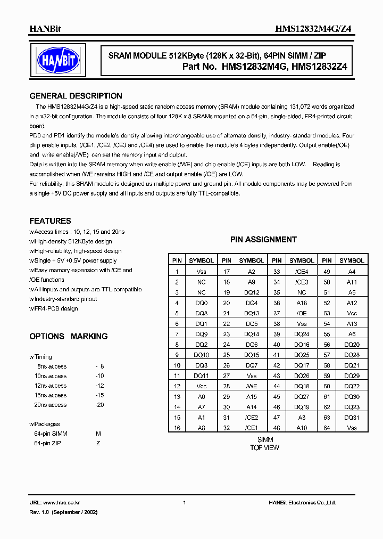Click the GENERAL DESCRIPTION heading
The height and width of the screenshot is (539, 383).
76,96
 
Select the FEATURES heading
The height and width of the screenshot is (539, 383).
50,220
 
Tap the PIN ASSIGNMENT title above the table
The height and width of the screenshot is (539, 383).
263,240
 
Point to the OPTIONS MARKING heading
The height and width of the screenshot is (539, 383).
68,336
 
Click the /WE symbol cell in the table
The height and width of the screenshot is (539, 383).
252,385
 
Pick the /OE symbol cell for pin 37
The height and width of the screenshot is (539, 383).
302,313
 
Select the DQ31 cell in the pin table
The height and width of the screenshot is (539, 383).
352,418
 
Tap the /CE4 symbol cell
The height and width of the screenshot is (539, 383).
302,271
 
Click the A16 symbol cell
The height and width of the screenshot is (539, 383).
302,303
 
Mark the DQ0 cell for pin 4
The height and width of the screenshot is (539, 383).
201,303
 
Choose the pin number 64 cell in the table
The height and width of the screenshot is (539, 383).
327,428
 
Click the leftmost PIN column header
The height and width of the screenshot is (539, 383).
177,260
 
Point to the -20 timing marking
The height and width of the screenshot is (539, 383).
99,405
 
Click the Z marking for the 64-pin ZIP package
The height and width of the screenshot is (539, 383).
98,443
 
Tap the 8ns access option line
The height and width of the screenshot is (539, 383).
52,366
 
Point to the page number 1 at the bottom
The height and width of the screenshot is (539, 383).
184,503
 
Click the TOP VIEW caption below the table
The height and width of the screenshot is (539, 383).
264,447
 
